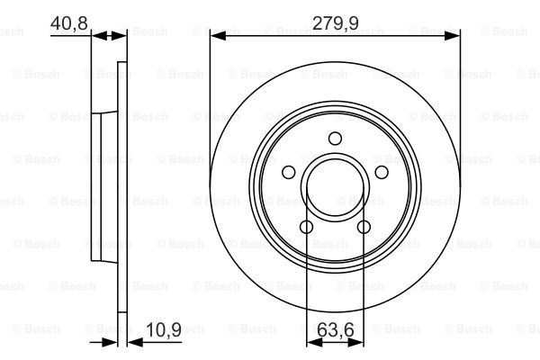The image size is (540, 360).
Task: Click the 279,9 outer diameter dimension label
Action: (335, 22)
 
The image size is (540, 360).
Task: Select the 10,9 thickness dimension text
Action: (165, 330)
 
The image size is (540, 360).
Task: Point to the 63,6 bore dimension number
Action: (336, 329)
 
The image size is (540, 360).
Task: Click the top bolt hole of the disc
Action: (335, 138)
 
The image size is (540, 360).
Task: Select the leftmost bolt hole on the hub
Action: (289, 172)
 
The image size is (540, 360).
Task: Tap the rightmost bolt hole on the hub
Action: (381, 172)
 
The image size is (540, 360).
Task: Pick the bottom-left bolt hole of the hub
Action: (307, 226)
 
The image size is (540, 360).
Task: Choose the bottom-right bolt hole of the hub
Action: (364, 226)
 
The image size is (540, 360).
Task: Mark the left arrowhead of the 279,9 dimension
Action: (217, 36)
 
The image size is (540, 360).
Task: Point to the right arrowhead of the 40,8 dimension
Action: (123, 36)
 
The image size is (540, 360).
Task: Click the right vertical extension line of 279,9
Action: (460, 108)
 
